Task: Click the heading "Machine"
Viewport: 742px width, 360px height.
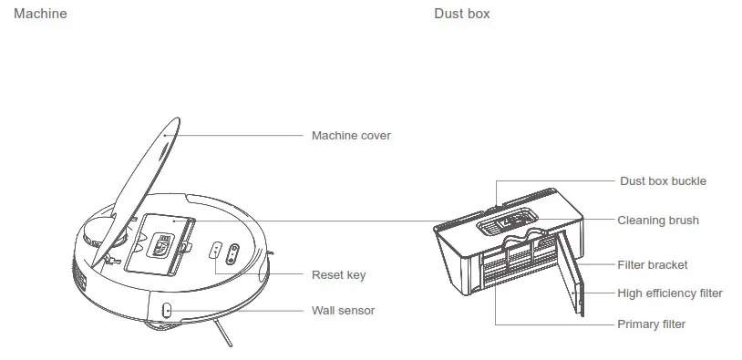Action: (40, 14)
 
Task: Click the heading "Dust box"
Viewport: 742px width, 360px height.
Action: (461, 14)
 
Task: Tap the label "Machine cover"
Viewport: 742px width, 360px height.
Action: (351, 136)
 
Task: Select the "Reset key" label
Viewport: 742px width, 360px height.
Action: (338, 274)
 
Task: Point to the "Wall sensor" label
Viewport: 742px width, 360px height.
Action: (343, 310)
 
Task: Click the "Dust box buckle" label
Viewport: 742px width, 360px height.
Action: (663, 181)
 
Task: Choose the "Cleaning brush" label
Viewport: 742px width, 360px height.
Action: (658, 221)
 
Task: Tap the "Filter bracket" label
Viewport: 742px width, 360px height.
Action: (653, 265)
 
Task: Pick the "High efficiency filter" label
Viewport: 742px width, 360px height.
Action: (670, 293)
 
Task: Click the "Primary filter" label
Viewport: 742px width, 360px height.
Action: (651, 324)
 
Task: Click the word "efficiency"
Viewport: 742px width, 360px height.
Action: (674, 293)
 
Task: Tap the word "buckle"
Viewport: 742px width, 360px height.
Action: (689, 181)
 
